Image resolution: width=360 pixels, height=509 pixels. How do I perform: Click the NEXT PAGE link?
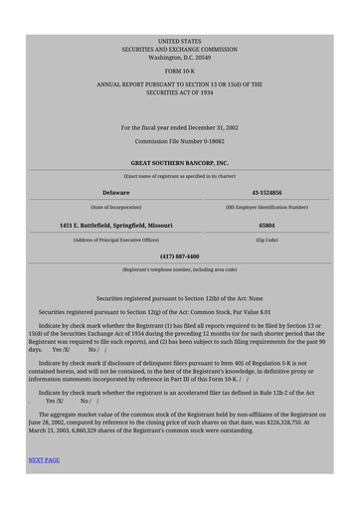coord(44,460)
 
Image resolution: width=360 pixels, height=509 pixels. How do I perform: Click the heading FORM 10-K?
coord(179,73)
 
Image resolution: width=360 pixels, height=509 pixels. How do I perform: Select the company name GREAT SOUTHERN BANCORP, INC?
coord(179,162)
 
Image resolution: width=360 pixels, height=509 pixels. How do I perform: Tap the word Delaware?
coord(116,192)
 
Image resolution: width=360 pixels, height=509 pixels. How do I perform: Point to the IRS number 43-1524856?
coord(267,192)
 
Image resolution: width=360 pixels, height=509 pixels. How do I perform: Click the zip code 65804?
coord(267,226)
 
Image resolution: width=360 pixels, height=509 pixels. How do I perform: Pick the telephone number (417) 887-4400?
coord(179,255)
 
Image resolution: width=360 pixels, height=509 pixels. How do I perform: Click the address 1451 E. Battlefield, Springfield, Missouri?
coord(116,226)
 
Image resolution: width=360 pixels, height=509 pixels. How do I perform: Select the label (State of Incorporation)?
coord(116,208)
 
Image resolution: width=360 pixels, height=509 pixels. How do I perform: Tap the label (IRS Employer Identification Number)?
coord(267,208)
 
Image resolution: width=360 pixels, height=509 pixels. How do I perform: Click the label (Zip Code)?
coord(267,241)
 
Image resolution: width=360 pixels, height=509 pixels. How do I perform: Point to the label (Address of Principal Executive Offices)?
coord(116,241)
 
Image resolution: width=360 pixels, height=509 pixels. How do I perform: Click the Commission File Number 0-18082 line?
coord(179,141)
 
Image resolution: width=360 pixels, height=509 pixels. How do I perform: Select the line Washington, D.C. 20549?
coord(179,58)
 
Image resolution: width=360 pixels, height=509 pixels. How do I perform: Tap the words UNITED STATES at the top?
coord(179,41)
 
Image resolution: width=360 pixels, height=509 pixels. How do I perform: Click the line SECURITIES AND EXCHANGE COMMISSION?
coord(179,49)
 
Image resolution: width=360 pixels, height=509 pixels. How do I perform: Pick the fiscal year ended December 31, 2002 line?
coord(179,127)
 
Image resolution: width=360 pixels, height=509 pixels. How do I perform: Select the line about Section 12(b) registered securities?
coord(179,298)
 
